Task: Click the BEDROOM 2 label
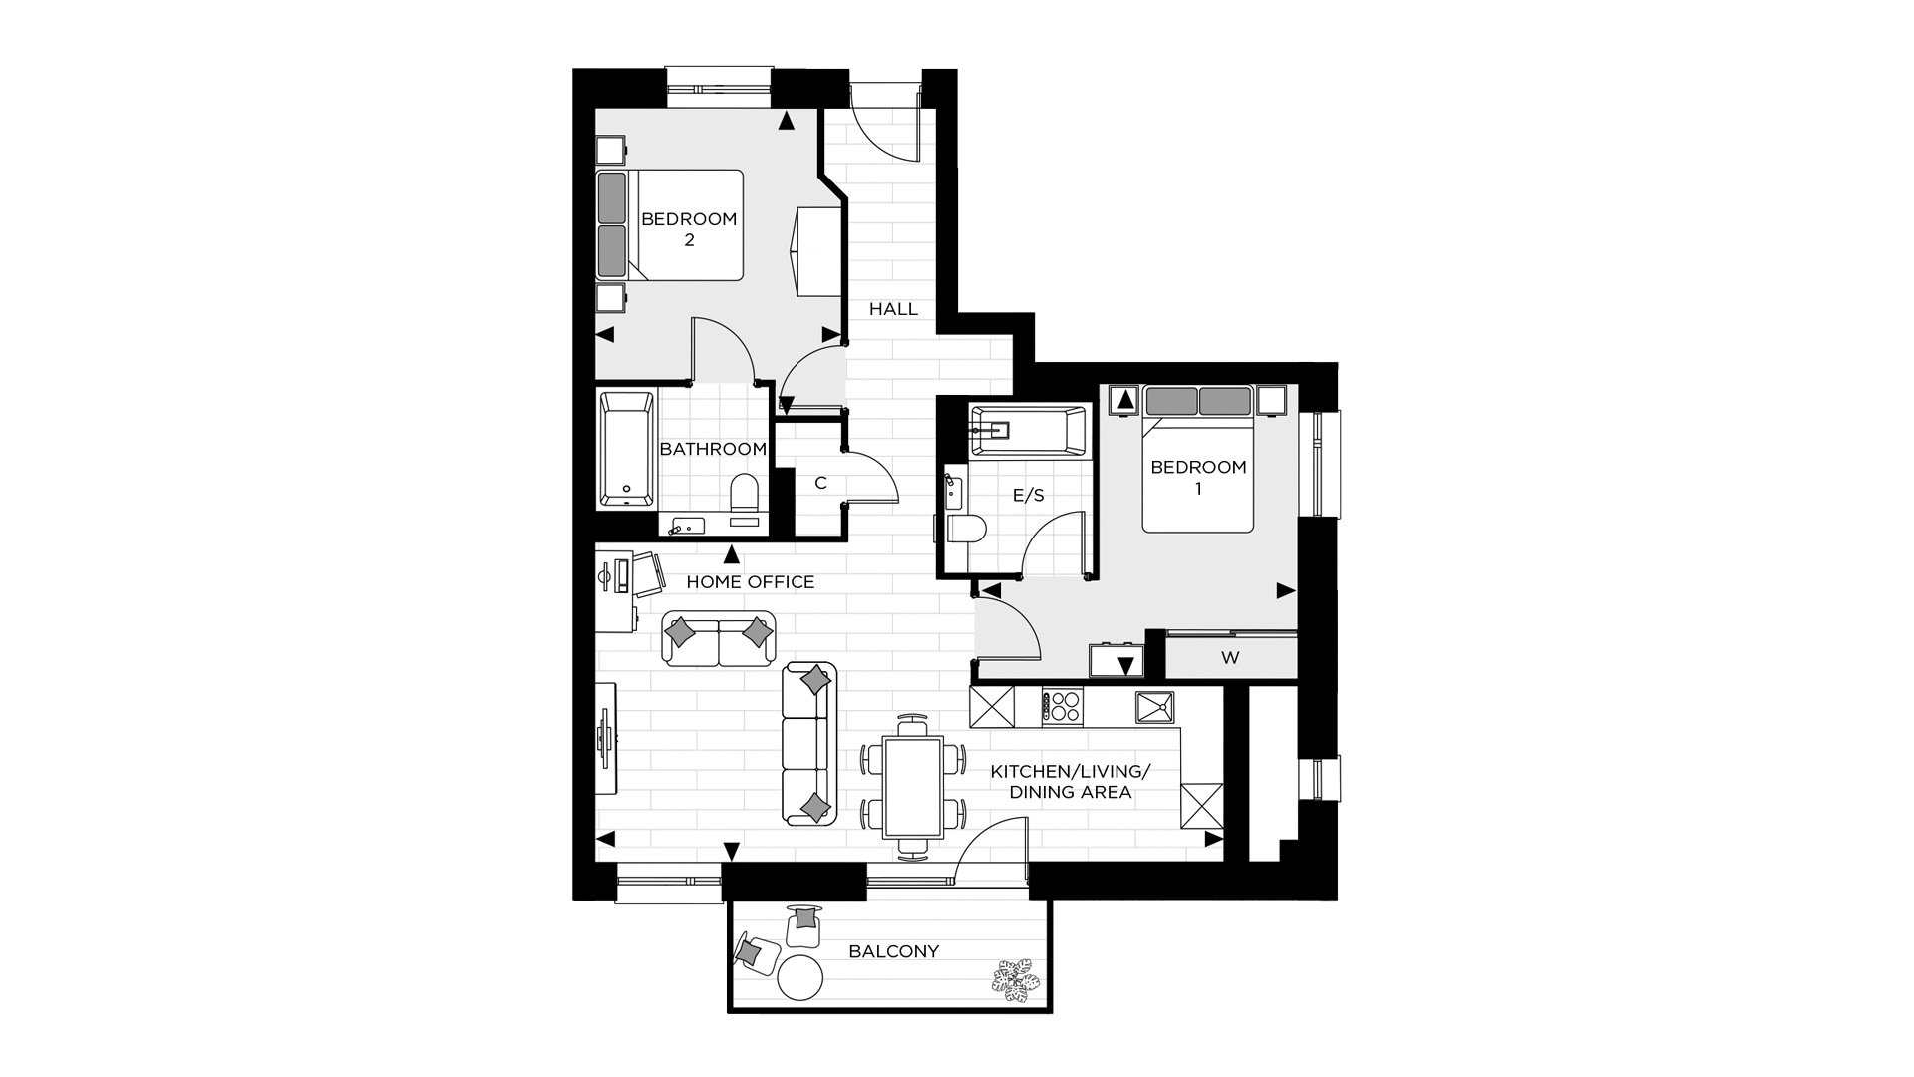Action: (x=689, y=229)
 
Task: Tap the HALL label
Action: (x=893, y=309)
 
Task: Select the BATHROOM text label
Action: (x=713, y=449)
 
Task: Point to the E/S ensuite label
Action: (x=1028, y=495)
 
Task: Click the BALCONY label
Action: (x=893, y=951)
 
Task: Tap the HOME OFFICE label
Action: (x=751, y=582)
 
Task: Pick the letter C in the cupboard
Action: (x=820, y=483)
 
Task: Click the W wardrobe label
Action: (x=1230, y=658)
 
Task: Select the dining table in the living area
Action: (x=913, y=786)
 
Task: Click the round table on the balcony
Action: (x=800, y=977)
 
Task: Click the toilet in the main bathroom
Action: (x=745, y=499)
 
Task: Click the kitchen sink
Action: (x=1154, y=707)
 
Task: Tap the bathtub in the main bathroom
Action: (x=627, y=450)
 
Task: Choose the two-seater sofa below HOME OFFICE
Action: (x=719, y=638)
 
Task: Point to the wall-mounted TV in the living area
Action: (x=604, y=738)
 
